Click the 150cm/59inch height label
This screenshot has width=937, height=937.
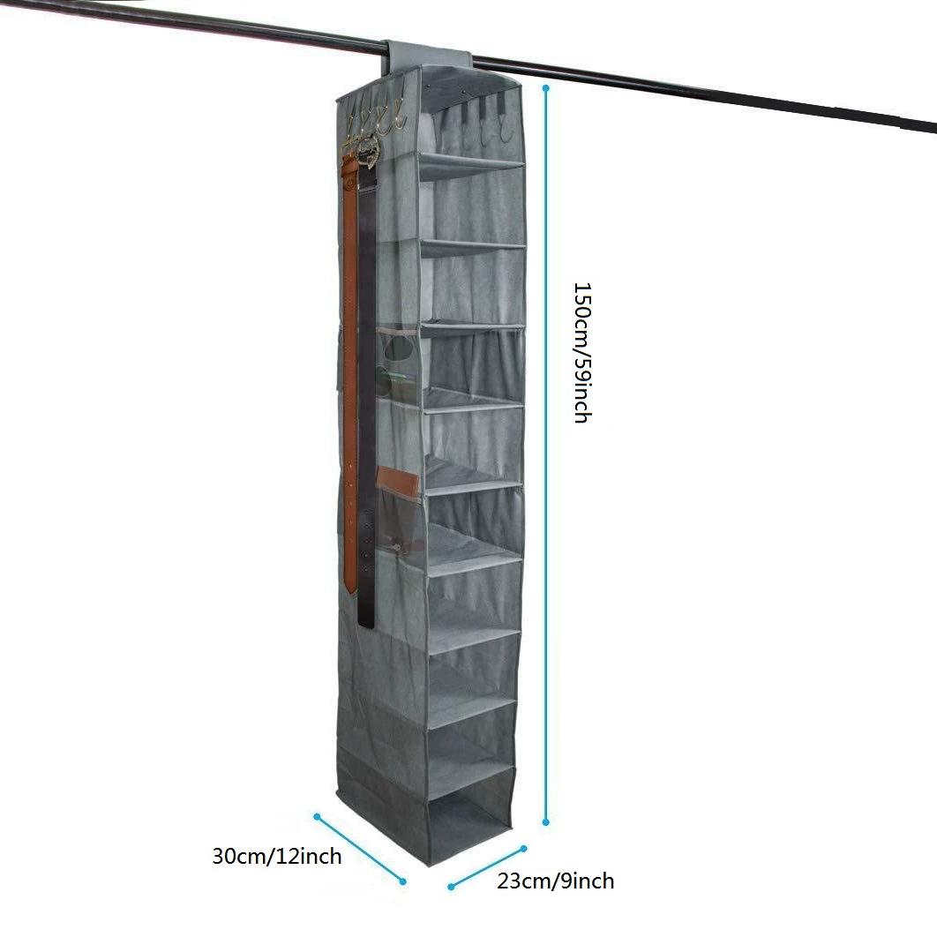point(582,353)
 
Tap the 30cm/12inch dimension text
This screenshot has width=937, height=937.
point(277,857)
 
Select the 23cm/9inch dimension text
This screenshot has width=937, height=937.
point(555,881)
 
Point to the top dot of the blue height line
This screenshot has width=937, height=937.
point(545,88)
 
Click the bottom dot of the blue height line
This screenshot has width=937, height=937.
point(545,822)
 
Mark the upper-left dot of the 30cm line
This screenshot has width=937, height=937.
point(318,816)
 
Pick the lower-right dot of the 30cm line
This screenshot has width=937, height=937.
point(402,881)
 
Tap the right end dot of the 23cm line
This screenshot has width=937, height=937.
point(523,849)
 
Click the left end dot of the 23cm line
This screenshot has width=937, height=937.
point(451,887)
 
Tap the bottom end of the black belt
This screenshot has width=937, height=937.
point(366,625)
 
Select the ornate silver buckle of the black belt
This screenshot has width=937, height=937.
point(367,153)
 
